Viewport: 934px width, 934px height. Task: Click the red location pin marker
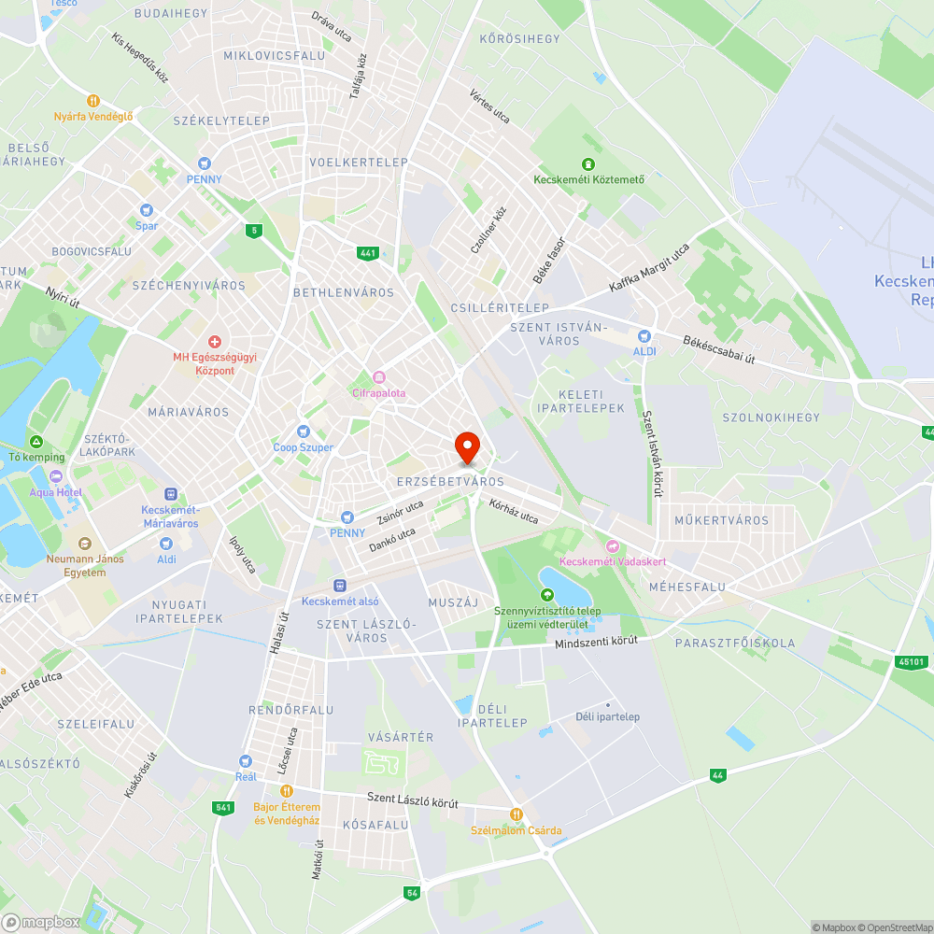pyautogui.click(x=466, y=446)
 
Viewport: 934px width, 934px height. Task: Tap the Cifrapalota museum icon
pyautogui.click(x=379, y=377)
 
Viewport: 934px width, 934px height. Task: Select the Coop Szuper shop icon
pyautogui.click(x=303, y=432)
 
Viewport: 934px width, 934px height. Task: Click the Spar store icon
pyautogui.click(x=146, y=210)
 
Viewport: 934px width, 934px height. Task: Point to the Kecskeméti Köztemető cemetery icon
pyautogui.click(x=588, y=163)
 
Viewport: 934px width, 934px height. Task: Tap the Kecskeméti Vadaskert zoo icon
pyautogui.click(x=612, y=545)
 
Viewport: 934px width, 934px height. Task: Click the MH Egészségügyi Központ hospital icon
pyautogui.click(x=215, y=343)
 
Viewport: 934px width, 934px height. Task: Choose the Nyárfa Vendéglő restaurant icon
pyautogui.click(x=92, y=101)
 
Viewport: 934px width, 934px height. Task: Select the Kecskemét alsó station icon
pyautogui.click(x=340, y=585)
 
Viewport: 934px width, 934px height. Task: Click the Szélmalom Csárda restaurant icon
pyautogui.click(x=516, y=814)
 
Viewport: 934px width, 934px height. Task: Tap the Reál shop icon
pyautogui.click(x=245, y=761)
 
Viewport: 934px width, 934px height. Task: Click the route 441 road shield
pyautogui.click(x=367, y=253)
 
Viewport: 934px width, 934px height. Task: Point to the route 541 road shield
pyautogui.click(x=222, y=807)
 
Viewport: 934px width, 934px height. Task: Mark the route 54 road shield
pyautogui.click(x=412, y=894)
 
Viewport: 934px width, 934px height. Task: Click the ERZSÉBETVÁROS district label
pyautogui.click(x=450, y=482)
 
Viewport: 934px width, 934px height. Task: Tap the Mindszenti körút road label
pyautogui.click(x=596, y=642)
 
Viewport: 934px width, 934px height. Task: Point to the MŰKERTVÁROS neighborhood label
pyautogui.click(x=709, y=520)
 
